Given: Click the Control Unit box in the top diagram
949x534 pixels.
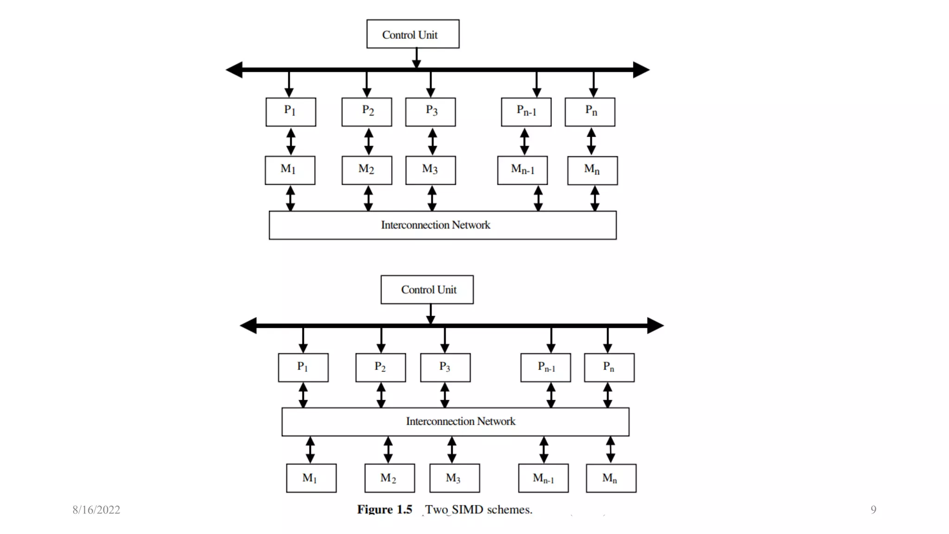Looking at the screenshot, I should coord(412,34).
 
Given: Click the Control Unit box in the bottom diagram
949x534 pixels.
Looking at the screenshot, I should coord(427,290).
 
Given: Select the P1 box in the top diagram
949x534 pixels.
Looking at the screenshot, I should coord(291,112).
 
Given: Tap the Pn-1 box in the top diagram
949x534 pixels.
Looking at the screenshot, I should coord(526,112).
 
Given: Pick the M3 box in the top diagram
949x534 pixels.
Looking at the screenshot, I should coord(430,170).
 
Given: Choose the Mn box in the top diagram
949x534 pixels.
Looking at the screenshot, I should coord(592,171).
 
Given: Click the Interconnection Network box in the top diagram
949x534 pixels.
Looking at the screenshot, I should coord(442,225).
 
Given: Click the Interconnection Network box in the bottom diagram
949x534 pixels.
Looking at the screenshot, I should coord(455,422).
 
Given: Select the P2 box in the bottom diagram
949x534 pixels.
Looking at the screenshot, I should coord(380,368).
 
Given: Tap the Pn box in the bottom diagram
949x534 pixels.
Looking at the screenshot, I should coord(609,368).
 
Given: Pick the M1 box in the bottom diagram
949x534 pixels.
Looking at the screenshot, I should coord(311,478).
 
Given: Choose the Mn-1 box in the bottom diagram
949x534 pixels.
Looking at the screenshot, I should coord(543,478).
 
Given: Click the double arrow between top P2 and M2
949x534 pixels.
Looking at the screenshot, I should coord(368,141).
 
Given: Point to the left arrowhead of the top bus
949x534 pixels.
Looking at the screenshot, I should coord(234,70).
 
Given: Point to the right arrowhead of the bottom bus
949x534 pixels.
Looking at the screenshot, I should coord(655,325).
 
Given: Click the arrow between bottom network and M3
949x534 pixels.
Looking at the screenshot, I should coord(452,450).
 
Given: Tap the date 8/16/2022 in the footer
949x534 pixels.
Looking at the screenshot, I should coord(96,510).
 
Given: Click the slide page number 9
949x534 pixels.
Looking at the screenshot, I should coord(873,510).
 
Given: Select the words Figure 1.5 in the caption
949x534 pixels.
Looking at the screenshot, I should coord(384,509).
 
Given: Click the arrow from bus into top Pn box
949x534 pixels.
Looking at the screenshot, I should coord(594,85).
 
